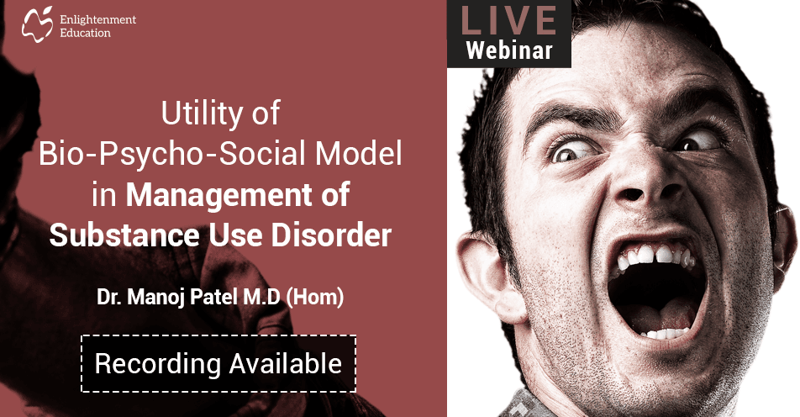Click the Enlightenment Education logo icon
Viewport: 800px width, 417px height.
coord(38,25)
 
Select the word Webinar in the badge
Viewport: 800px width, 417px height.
coord(509,50)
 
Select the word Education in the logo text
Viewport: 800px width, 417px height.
coord(85,33)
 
